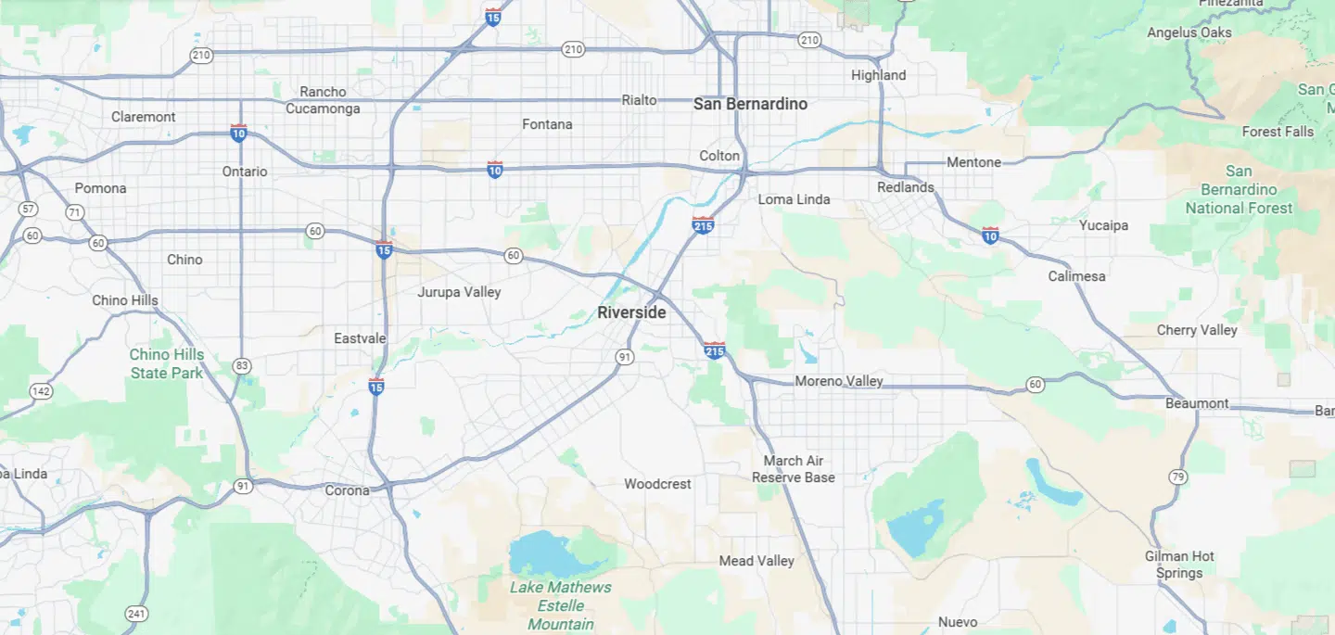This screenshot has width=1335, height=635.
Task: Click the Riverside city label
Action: pyautogui.click(x=631, y=312)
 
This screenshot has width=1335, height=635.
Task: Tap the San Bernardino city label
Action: pyautogui.click(x=750, y=104)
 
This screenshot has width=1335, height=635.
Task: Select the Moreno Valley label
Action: pyautogui.click(x=839, y=381)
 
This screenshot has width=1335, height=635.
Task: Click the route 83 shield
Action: pyautogui.click(x=242, y=366)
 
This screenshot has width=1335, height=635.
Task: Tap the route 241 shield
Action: pyautogui.click(x=136, y=613)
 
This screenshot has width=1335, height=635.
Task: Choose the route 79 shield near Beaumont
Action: pyautogui.click(x=1177, y=477)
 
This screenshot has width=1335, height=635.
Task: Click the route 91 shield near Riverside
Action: pyautogui.click(x=626, y=357)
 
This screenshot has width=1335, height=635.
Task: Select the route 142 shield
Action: pyautogui.click(x=41, y=391)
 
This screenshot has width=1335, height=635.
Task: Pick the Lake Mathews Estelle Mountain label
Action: pyautogui.click(x=561, y=605)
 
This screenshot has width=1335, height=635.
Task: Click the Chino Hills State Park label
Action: pyautogui.click(x=167, y=363)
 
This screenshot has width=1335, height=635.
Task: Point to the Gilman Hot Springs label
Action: pyautogui.click(x=1179, y=565)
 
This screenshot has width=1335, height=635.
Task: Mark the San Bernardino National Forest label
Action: pyautogui.click(x=1239, y=189)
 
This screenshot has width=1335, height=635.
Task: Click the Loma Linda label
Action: pyautogui.click(x=794, y=199)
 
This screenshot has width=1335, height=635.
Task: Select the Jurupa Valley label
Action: pyautogui.click(x=459, y=292)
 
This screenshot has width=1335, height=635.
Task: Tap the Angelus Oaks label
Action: pyautogui.click(x=1189, y=32)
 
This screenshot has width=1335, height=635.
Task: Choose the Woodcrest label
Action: pyautogui.click(x=657, y=484)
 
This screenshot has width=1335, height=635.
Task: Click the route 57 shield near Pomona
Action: pyautogui.click(x=27, y=209)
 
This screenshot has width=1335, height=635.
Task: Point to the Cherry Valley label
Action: pyautogui.click(x=1197, y=330)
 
